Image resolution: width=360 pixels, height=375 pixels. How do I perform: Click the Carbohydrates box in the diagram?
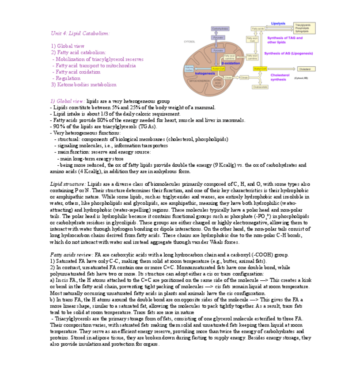220,28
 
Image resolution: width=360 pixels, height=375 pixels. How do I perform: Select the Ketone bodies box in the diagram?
189,69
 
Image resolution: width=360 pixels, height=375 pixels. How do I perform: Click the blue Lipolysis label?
278,23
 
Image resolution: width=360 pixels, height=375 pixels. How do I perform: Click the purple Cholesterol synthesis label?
280,77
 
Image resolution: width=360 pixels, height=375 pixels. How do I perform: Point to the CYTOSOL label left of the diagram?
189,41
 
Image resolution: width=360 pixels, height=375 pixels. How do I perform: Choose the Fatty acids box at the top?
258,28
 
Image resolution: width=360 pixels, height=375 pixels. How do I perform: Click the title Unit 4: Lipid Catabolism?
80,33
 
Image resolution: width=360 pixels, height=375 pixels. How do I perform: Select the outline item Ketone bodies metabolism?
84,84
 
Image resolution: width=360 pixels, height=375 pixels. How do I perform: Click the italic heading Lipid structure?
68,184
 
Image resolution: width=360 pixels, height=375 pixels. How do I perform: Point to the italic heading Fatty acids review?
72,255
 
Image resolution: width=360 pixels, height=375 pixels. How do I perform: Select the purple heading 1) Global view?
68,101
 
